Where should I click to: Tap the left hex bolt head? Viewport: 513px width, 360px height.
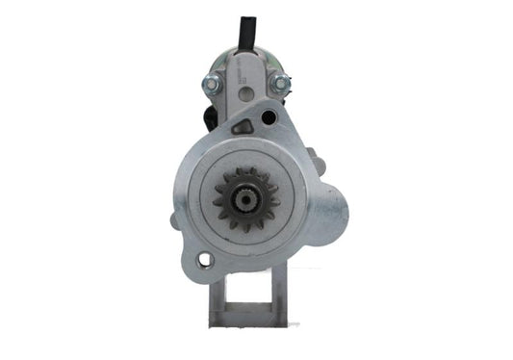pos(208,84)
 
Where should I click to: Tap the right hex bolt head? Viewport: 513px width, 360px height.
pos(281,86)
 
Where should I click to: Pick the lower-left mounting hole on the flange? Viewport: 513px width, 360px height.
pos(203,258)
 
